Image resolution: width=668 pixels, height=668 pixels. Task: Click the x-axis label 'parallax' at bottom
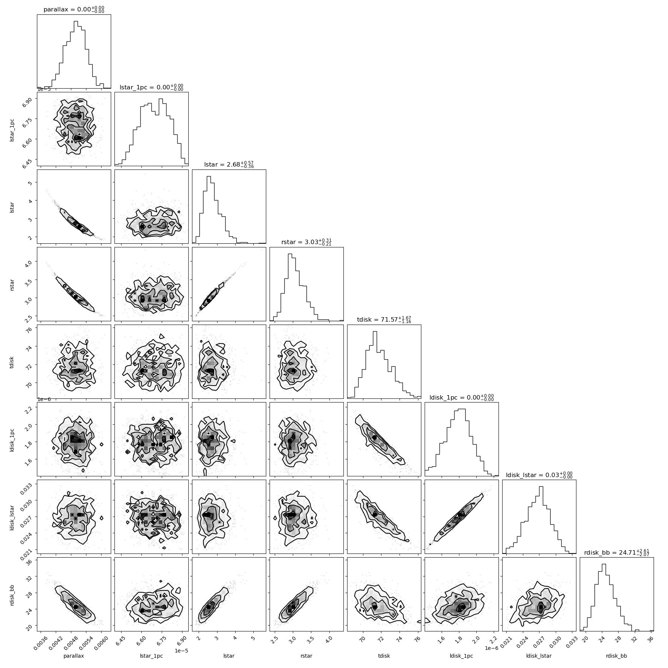74,656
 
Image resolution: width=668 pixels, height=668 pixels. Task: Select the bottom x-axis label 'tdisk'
384,656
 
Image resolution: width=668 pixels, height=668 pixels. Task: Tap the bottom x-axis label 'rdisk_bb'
617,656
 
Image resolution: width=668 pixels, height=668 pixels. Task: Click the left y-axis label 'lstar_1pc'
13,129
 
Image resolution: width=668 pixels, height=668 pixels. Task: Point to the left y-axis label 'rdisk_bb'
13,595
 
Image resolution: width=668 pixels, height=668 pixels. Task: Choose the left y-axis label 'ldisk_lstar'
13,517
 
